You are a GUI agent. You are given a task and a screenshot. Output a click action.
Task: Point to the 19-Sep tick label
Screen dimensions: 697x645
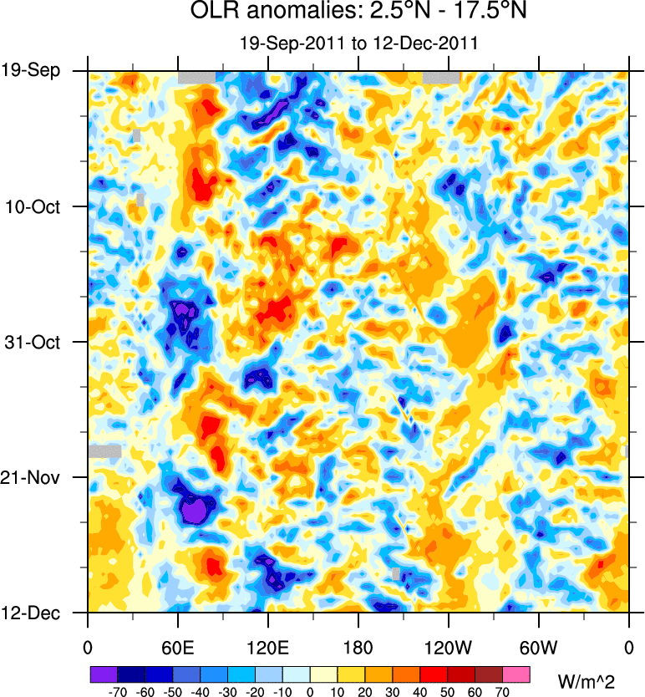31,70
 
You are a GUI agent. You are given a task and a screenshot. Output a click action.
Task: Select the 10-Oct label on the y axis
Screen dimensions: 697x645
33,206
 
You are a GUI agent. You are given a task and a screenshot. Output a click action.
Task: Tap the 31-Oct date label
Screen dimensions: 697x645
33,342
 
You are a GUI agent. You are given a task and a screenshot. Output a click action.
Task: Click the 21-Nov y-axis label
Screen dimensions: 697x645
31,478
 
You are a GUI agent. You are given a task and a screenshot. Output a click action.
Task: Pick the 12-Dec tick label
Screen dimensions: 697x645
31,613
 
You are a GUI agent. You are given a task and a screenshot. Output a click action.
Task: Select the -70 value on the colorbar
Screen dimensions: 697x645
117,693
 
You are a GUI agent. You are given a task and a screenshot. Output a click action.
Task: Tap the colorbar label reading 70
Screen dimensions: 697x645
502,693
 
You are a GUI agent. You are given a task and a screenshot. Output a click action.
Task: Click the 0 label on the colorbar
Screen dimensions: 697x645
310,693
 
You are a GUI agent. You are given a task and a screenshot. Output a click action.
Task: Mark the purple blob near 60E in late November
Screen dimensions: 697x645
197,508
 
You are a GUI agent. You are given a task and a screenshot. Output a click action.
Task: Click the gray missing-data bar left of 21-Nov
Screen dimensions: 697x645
104,450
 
